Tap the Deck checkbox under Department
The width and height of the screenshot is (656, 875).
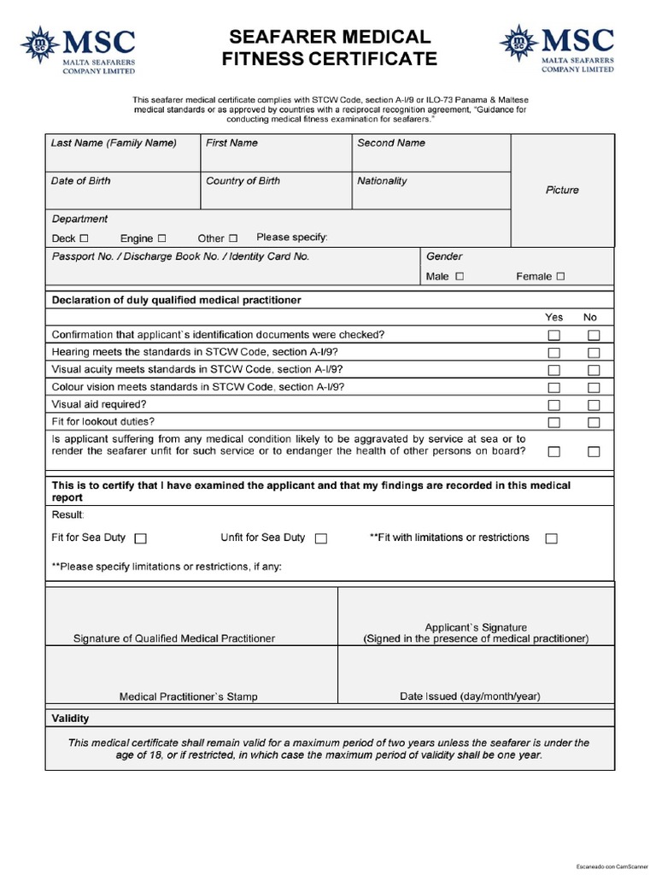coord(84,238)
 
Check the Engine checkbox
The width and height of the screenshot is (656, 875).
coord(161,238)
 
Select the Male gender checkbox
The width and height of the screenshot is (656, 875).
coord(460,277)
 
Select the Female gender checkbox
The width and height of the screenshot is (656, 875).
coord(560,277)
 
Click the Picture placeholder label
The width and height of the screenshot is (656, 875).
coord(562,190)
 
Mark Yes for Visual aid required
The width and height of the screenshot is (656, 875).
coord(553,405)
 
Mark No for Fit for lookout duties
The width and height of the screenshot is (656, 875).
coord(594,422)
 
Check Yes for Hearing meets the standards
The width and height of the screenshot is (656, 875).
coord(553,353)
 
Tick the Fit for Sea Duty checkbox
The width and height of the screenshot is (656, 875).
coord(141,538)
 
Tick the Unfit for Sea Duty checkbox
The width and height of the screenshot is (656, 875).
coord(321,538)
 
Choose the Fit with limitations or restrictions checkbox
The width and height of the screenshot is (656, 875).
coord(551,538)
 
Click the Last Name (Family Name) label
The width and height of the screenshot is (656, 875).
coord(114,144)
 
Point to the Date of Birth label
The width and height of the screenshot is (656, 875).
coord(80,181)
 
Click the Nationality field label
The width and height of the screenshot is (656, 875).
coord(382,181)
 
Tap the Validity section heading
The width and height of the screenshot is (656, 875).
coord(71,719)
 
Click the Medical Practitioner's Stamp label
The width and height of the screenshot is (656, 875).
coord(188,696)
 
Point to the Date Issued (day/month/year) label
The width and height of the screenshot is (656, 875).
coord(470,696)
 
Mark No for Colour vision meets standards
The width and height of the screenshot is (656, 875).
coord(594,388)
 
